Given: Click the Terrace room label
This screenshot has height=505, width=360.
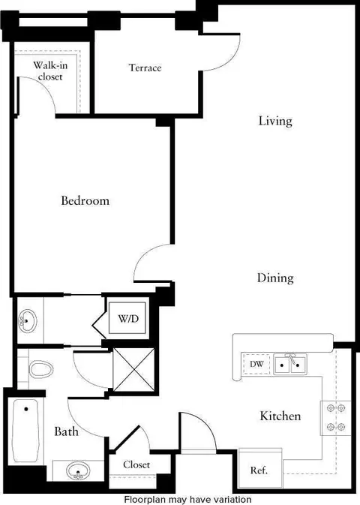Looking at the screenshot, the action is tap(145, 68).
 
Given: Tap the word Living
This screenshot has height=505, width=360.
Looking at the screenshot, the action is tap(275, 121).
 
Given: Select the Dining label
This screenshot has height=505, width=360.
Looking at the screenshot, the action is tap(275, 278).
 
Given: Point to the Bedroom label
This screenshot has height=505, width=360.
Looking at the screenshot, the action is tap(85, 200).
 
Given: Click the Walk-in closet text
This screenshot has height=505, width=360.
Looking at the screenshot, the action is tap(50, 71).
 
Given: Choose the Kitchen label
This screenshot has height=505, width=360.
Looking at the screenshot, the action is tap(280, 416).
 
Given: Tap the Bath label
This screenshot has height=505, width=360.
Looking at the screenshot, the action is tap(66, 431).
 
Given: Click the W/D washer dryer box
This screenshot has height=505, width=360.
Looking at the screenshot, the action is tap(127, 318).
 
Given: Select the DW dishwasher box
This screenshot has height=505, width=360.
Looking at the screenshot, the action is tap(256, 364).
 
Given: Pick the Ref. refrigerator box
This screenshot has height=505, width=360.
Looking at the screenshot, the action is tap(260, 468).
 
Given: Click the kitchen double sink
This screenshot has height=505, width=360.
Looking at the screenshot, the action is tap(289, 364).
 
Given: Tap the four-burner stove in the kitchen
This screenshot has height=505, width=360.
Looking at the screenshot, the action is tap(335, 418).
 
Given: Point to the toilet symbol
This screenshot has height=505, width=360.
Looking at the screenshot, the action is tap(41, 369).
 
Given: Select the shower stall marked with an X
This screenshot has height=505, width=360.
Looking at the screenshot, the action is tap(134, 369).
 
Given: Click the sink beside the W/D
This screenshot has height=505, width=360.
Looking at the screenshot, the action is tap(28, 321).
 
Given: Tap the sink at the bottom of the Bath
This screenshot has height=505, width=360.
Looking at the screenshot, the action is tap(78, 471).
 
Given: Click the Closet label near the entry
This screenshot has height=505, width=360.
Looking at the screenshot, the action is tap(136, 464).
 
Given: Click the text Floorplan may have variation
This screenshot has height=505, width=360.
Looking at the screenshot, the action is tap(188, 500).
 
